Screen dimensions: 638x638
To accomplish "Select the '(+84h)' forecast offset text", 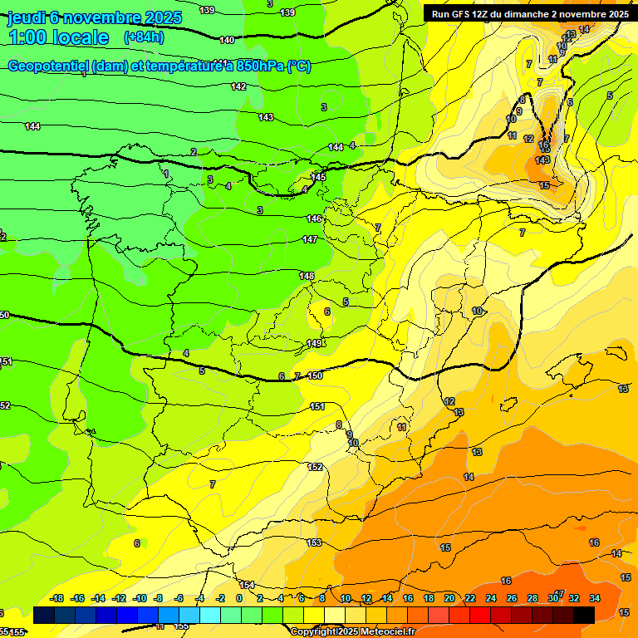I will tap(144, 37).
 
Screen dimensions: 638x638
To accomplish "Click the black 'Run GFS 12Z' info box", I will tap(528, 13).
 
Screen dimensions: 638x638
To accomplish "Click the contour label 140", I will tap(228, 40).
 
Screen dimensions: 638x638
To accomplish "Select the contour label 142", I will tap(238, 86).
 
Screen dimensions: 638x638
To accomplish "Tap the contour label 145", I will tap(318, 177).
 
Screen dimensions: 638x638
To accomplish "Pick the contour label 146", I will tap(313, 218).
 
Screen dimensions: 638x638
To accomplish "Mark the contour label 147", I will tap(310, 239).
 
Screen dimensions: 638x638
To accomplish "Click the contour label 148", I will tap(307, 276).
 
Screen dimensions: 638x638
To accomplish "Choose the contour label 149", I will tap(314, 343).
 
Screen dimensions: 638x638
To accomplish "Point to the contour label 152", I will tap(316, 467).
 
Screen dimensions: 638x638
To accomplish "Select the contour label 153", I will tap(314, 542).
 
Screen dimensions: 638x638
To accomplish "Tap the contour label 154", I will tap(247, 585).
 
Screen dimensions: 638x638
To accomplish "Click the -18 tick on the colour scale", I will tap(57, 598).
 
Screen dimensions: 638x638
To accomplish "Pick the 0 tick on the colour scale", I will tap(238, 598).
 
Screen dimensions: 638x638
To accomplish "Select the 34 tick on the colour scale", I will tap(595, 598).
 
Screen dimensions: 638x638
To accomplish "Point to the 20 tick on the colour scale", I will tap(449, 598).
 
